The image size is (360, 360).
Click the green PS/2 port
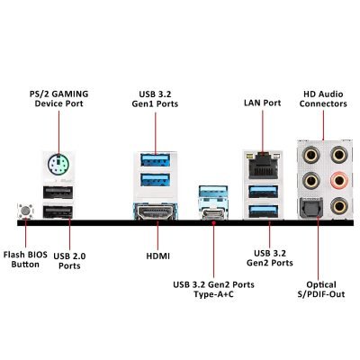pos(58,165)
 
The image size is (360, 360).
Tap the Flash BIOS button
pos(25,211)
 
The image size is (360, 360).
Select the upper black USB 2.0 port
pos(58,193)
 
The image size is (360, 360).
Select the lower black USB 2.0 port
pos(58,211)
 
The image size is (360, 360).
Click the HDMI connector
pos(156,211)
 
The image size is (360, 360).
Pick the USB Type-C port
pos(213,214)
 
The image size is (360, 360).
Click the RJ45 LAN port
pos(263,165)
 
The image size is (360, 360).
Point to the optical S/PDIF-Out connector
pos(310,208)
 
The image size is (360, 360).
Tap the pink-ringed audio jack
pos(339,180)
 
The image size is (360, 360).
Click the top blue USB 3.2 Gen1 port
pos(155,160)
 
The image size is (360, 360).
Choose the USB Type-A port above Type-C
pos(213,192)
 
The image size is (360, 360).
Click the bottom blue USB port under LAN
pos(263,211)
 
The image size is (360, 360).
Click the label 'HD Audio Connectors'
pos(323,99)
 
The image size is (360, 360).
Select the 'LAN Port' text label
pos(263,103)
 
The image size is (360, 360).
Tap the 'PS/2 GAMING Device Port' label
pos(58,99)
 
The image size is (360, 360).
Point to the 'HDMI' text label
pos(157,256)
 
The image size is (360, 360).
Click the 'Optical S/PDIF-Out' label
pos(321,289)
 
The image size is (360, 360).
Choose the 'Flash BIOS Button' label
pos(25,259)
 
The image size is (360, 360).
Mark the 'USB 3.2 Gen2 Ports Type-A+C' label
pos(213,289)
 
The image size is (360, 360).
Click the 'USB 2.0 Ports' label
pos(69,261)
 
